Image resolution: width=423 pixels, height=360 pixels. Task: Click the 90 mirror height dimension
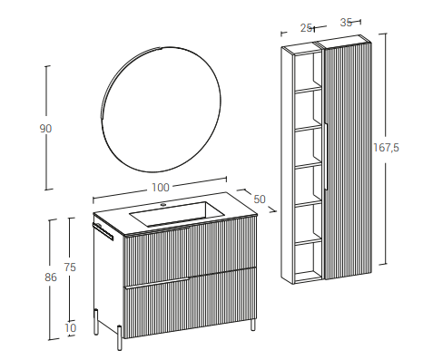click(x=45, y=129)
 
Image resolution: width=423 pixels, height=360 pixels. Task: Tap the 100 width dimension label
click(x=161, y=188)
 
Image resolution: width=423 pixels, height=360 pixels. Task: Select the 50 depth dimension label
click(x=260, y=199)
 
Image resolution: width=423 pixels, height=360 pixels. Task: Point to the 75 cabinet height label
click(x=70, y=268)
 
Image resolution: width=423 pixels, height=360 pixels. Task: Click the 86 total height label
click(x=51, y=277)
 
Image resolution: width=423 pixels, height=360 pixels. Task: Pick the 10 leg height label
click(x=71, y=328)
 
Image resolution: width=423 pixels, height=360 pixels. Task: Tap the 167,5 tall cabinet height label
click(x=386, y=148)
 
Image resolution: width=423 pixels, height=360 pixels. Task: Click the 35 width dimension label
click(x=346, y=23)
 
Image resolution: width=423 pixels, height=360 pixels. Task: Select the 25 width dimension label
click(x=306, y=28)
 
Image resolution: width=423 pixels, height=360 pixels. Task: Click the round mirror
click(x=161, y=110)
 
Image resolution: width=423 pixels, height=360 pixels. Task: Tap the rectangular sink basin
click(x=177, y=213)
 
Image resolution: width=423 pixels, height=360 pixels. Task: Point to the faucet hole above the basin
click(x=163, y=205)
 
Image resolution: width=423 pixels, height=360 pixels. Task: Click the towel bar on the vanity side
click(x=103, y=230)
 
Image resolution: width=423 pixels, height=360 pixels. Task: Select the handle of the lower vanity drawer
click(x=157, y=283)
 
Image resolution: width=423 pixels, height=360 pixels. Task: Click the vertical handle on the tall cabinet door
click(x=326, y=156)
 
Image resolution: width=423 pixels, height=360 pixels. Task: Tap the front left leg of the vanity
click(x=120, y=337)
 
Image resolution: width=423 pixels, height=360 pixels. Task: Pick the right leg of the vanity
click(x=252, y=325)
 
